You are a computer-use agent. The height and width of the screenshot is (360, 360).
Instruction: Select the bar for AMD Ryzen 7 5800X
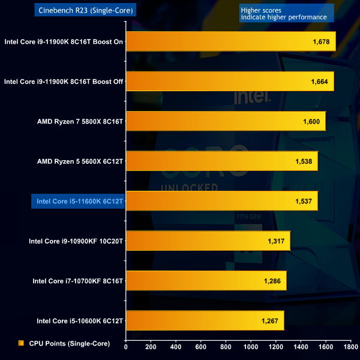(x=226, y=121)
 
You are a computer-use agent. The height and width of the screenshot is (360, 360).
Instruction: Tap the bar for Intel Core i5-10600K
(x=205, y=321)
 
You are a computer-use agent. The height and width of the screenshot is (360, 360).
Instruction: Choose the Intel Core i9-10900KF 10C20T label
(x=76, y=241)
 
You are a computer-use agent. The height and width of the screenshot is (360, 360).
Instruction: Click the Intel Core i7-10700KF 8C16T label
(x=77, y=281)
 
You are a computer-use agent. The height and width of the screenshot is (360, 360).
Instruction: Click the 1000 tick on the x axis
(x=251, y=346)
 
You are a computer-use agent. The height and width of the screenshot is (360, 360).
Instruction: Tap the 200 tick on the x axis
(x=151, y=346)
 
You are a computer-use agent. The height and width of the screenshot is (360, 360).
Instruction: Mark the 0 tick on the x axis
(x=126, y=346)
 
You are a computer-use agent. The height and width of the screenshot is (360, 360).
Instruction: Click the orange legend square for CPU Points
(x=21, y=343)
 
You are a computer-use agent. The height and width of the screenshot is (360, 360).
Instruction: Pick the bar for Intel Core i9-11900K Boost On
(x=230, y=42)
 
